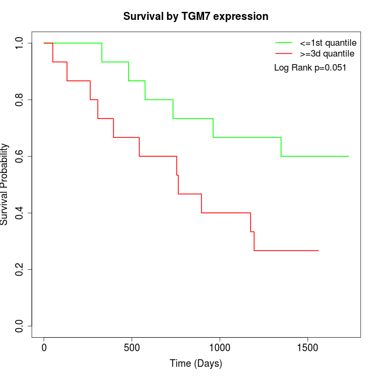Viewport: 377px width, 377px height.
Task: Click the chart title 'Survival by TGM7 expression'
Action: tap(196, 16)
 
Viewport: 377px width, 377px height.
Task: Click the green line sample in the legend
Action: tap(284, 42)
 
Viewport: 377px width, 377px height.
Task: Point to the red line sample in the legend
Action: tap(284, 53)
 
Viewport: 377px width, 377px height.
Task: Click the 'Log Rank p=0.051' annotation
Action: tap(310, 67)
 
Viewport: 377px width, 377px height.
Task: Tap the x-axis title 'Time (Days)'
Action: tap(196, 364)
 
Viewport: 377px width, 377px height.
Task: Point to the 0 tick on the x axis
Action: tap(44, 348)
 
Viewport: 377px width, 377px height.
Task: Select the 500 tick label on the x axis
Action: tap(132, 348)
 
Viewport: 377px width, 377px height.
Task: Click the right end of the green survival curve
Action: tap(348, 156)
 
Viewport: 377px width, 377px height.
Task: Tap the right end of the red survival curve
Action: tap(318, 250)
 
